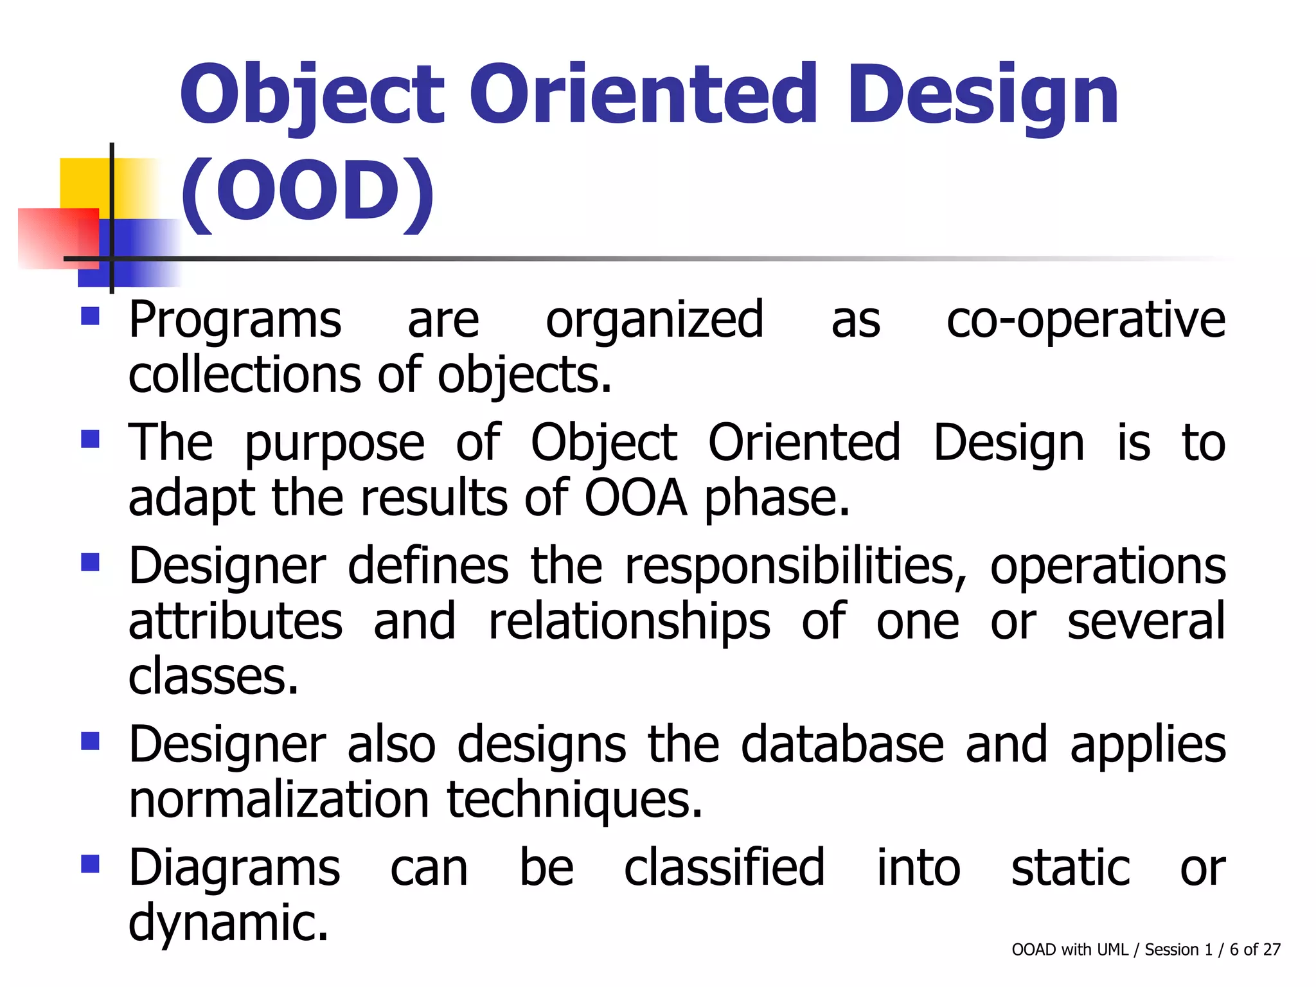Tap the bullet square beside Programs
90,316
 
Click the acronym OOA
635,499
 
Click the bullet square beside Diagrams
90,864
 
